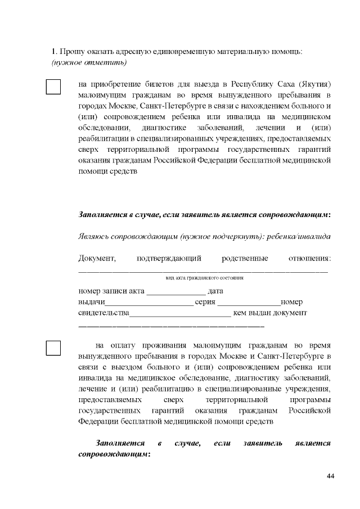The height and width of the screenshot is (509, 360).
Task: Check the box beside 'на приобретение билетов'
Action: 53,87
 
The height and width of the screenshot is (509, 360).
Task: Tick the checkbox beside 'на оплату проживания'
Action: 53,348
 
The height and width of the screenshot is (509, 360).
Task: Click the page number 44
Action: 330,476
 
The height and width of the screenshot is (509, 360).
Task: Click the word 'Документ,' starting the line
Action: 97,258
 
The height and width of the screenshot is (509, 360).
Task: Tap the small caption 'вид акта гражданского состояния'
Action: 204,278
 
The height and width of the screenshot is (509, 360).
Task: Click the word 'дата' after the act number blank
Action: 215,291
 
